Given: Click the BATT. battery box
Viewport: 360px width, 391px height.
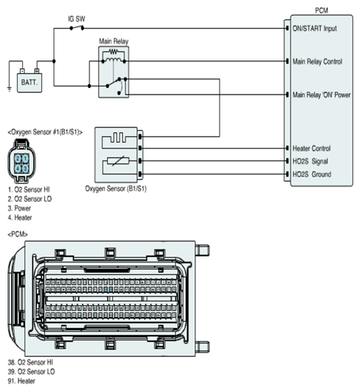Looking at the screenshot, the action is (30, 83).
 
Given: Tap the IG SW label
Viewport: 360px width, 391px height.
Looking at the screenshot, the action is (76, 19).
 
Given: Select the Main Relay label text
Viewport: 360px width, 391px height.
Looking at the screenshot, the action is (114, 41).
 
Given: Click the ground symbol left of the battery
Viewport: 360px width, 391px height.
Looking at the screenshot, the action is (9, 89).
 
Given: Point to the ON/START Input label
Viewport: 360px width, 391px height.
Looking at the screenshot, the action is (315, 28).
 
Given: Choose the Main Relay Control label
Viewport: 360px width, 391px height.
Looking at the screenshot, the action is (317, 61).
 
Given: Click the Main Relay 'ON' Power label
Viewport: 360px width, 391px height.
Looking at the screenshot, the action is (322, 95).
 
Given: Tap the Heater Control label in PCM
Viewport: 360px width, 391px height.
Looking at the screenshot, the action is (312, 149).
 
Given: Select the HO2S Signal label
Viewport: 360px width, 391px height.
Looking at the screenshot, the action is (310, 161).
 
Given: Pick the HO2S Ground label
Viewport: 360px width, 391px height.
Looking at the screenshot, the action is (312, 174).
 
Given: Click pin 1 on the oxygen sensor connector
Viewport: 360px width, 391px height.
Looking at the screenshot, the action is (25, 158).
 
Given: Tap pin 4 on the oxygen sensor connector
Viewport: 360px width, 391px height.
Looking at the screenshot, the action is (18, 168).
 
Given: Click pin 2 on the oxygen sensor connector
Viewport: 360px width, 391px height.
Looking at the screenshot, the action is (18, 158).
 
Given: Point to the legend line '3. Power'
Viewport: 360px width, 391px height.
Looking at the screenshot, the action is (19, 208).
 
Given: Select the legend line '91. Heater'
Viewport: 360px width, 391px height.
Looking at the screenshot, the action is (21, 381).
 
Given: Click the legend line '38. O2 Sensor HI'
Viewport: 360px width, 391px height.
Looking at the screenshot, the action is (30, 362).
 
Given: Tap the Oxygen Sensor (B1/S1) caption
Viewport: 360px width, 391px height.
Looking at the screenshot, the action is (115, 188).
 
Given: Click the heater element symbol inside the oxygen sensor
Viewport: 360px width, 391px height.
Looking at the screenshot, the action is (118, 137).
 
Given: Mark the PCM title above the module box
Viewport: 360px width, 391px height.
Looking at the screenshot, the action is (322, 10).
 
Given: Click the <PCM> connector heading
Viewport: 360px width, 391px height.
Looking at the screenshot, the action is (18, 234).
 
